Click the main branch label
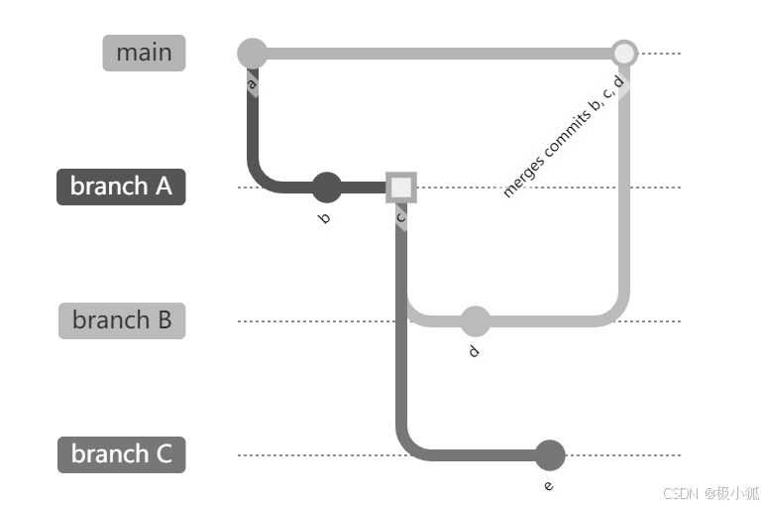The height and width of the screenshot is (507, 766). tap(144, 53)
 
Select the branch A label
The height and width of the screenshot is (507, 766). tap(121, 187)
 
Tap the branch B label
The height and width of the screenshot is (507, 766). tap(122, 320)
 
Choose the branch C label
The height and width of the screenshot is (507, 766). tap(121, 454)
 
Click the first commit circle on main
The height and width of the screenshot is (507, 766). tap(254, 53)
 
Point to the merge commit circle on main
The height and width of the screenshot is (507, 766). tap(623, 53)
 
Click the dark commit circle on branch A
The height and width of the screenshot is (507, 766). tap(326, 187)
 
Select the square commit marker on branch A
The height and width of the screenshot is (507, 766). tap(400, 187)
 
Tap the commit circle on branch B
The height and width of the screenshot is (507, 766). tap(475, 320)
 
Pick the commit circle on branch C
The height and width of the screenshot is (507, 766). tap(549, 455)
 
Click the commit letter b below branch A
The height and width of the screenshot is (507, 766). tap(324, 218)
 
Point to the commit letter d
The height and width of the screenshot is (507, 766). tap(474, 351)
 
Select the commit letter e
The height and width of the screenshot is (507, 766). tap(548, 485)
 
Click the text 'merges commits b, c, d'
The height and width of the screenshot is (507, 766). tap(563, 137)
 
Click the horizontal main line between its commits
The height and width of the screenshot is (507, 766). tap(436, 53)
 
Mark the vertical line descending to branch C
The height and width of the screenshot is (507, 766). tap(402, 327)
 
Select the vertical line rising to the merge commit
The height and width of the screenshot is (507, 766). tap(623, 198)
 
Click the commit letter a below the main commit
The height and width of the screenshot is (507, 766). tap(252, 85)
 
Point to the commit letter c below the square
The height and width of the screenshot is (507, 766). tap(400, 216)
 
